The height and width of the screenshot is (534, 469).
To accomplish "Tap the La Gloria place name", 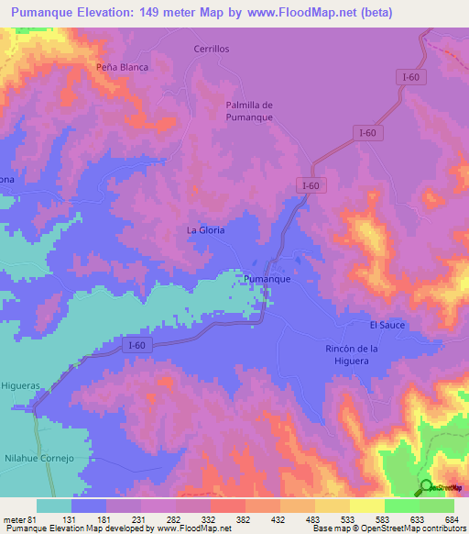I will [205, 229].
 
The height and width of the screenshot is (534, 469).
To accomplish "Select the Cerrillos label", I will [211, 49].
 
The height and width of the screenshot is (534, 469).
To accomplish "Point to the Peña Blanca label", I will [122, 67].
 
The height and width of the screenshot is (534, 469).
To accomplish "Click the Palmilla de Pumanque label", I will [249, 110].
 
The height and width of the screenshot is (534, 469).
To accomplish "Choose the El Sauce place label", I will [387, 325].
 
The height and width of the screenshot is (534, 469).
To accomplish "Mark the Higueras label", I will [20, 386].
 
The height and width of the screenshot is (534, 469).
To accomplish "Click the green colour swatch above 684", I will [437, 506].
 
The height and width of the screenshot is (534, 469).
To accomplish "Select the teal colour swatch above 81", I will [54, 506].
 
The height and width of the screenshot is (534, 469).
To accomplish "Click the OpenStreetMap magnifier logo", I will [426, 486].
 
